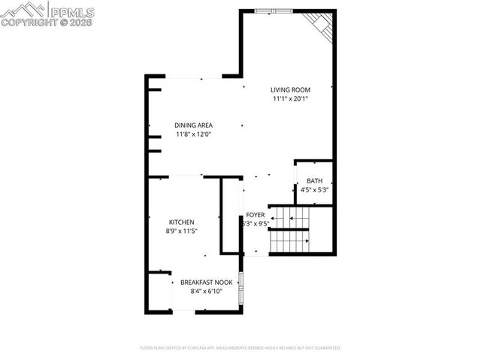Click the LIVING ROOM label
[x=290, y=89]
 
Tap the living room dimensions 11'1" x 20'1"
[x=290, y=98]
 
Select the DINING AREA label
[x=193, y=126]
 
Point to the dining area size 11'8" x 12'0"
[x=193, y=135]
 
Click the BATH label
[x=314, y=181]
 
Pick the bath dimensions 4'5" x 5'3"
[x=314, y=190]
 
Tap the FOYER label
[x=256, y=215]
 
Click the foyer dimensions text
[x=256, y=224]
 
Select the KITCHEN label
[x=182, y=222]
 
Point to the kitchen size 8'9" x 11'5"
[x=182, y=231]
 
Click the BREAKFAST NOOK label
[x=205, y=282]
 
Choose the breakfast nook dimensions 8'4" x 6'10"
[x=205, y=291]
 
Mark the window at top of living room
[x=273, y=11]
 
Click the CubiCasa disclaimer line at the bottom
[x=240, y=348]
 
